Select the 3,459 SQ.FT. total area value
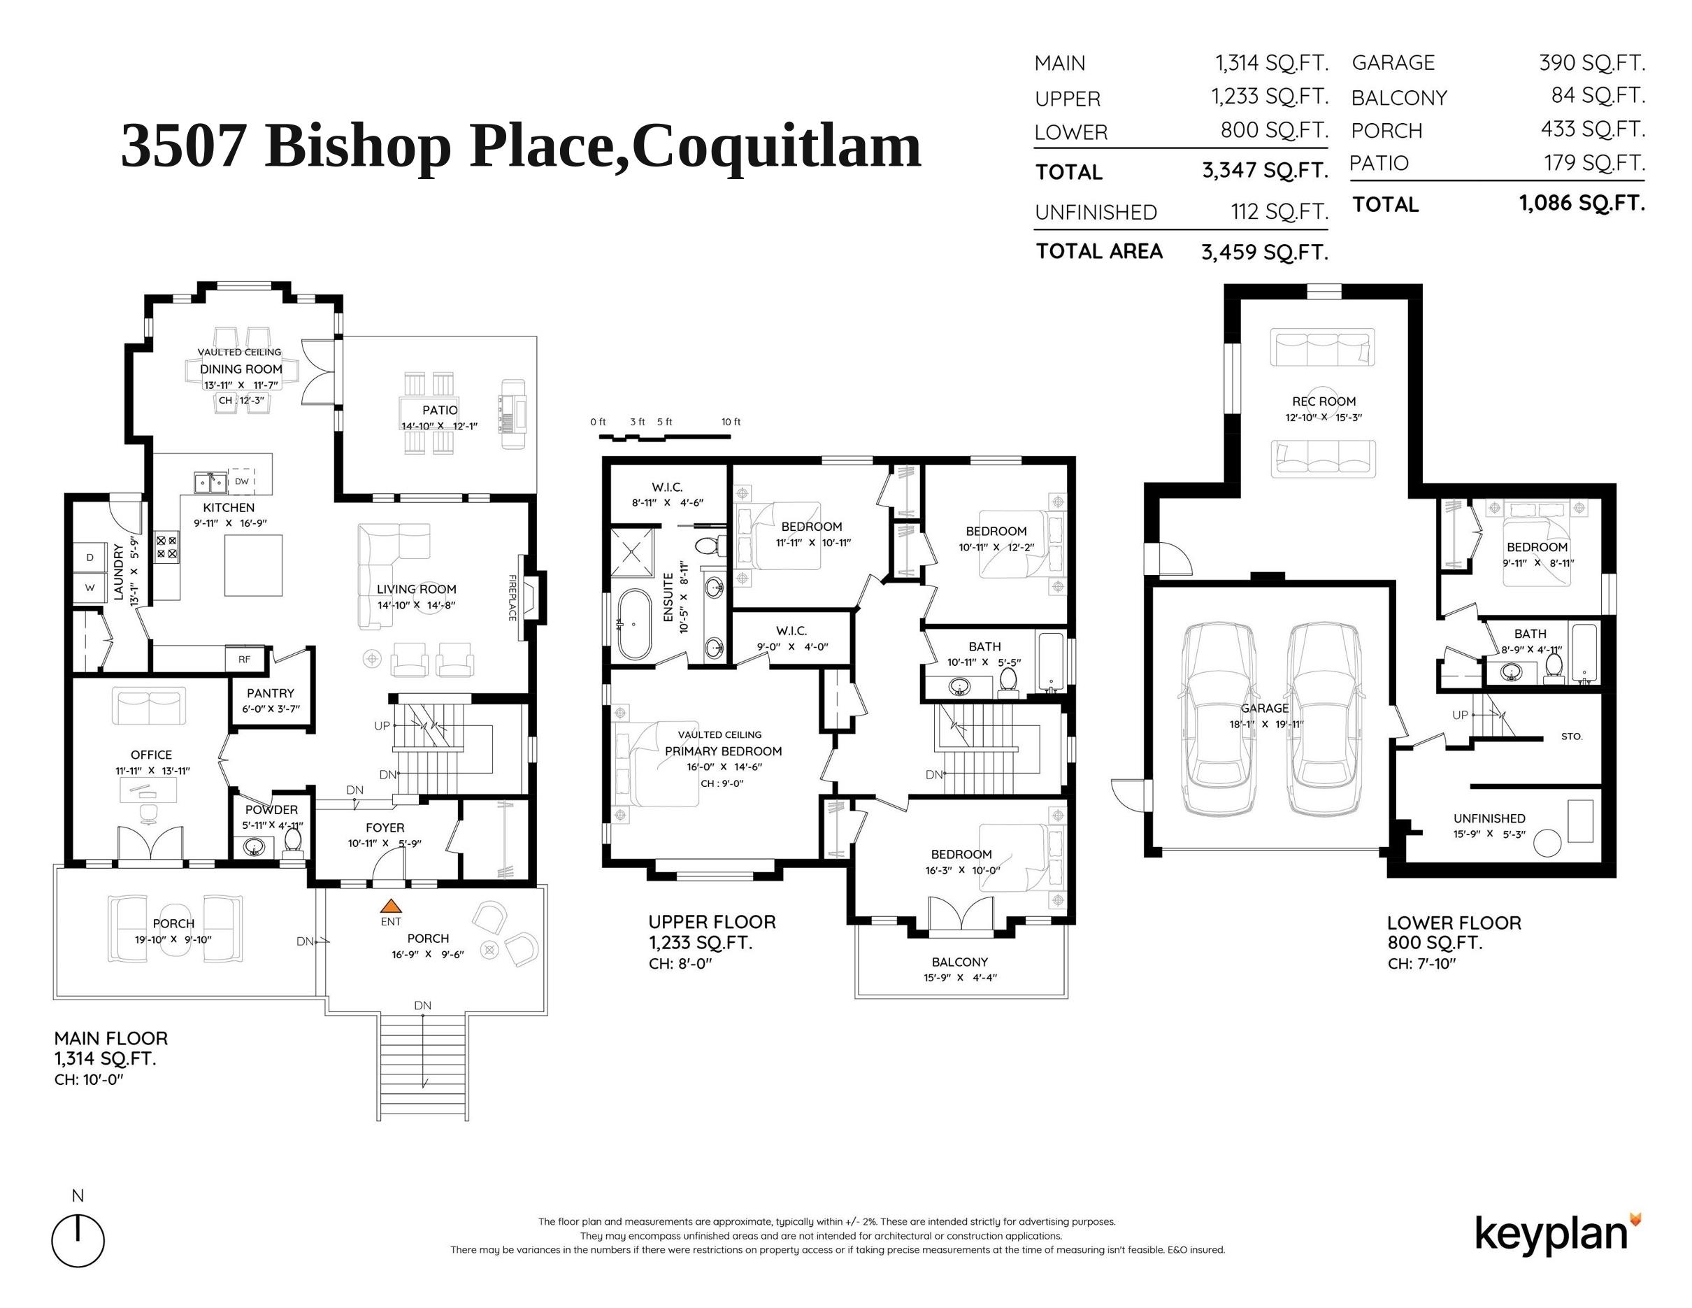click(x=1264, y=252)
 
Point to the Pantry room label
click(x=271, y=692)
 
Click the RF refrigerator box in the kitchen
click(x=245, y=660)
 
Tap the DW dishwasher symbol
click(x=242, y=481)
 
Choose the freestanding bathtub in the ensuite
click(x=636, y=625)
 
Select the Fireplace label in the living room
click(x=512, y=597)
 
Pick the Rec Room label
click(x=1324, y=401)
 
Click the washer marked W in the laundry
click(x=90, y=588)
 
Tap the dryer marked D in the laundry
click(x=90, y=557)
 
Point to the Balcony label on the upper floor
click(x=960, y=962)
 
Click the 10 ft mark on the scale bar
click(x=731, y=422)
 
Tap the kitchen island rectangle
click(x=252, y=565)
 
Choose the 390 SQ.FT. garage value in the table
click(x=1591, y=62)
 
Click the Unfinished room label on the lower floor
click(x=1489, y=818)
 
